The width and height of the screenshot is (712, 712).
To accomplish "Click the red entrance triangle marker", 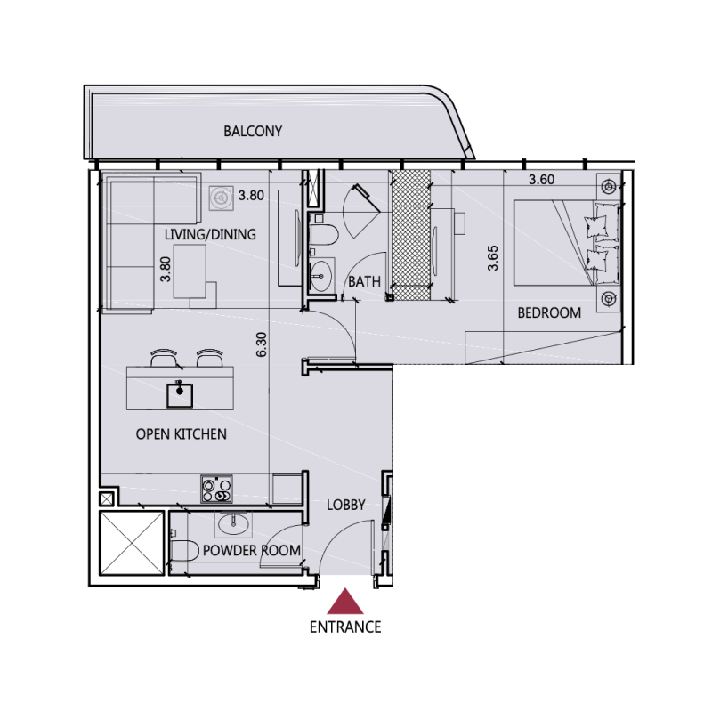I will click(344, 603).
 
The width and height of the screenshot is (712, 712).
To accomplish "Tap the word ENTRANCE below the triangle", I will click(345, 627).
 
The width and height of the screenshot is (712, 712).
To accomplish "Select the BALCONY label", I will click(253, 131).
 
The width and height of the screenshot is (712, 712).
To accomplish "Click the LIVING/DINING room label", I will click(210, 235).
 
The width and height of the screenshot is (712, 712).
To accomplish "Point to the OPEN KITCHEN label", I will click(181, 434).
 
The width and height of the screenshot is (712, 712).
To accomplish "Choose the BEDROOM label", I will click(549, 312).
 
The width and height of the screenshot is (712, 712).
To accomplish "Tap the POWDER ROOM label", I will click(251, 550).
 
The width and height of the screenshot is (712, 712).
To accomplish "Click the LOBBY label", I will click(346, 505).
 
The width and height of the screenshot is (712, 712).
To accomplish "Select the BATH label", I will click(364, 281).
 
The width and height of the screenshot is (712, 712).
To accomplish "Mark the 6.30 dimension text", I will click(261, 344).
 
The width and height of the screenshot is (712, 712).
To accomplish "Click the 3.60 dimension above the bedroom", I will click(541, 179).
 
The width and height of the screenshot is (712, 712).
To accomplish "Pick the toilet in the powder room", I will click(182, 550).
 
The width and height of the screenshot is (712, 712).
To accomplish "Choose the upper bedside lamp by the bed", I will click(608, 187).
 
